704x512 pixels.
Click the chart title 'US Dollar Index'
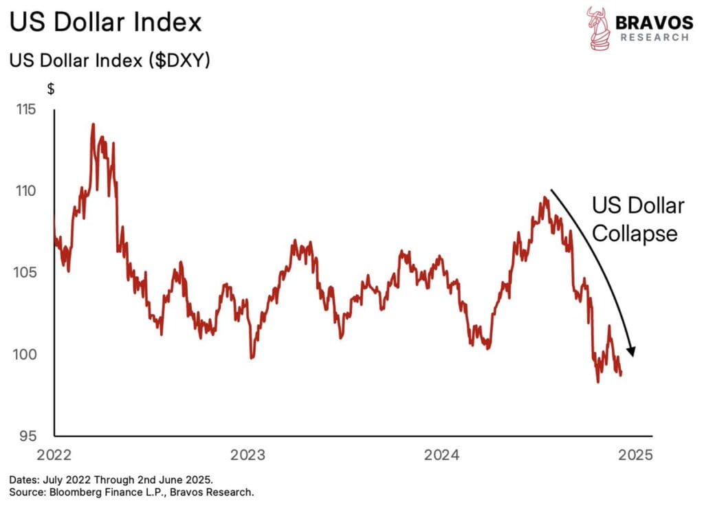pyautogui.click(x=106, y=22)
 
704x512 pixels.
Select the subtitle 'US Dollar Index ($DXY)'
pyautogui.click(x=109, y=60)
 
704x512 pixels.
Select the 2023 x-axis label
pyautogui.click(x=248, y=454)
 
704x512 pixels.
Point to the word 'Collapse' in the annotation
pyautogui.click(x=635, y=234)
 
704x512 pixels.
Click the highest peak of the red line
pyautogui.click(x=93, y=125)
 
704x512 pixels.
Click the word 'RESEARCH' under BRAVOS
pyautogui.click(x=654, y=37)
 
